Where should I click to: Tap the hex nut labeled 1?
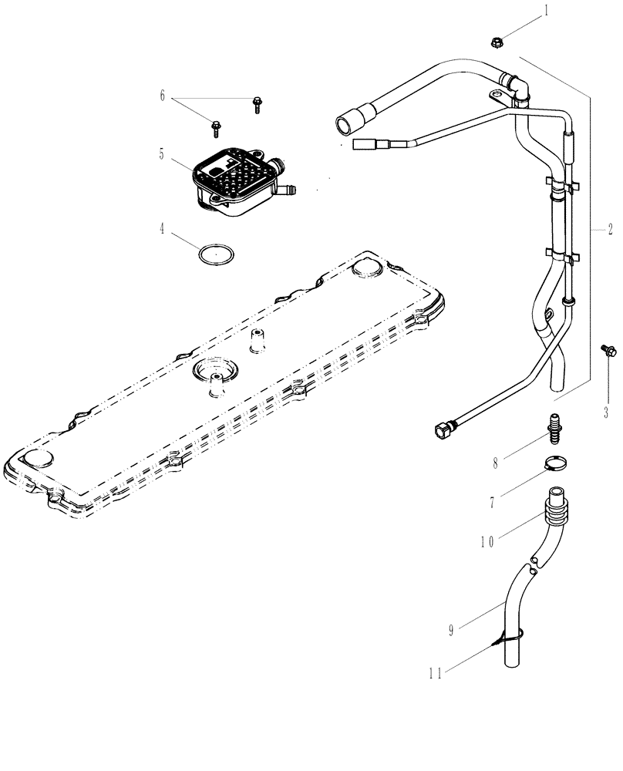click(497, 42)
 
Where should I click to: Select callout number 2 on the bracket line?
click(610, 229)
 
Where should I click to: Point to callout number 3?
click(606, 412)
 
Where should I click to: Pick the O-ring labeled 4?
click(217, 254)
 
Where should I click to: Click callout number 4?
click(163, 228)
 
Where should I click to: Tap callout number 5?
click(163, 153)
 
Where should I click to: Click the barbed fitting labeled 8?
click(552, 426)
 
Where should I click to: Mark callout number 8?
click(497, 463)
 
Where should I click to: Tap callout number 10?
click(485, 542)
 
